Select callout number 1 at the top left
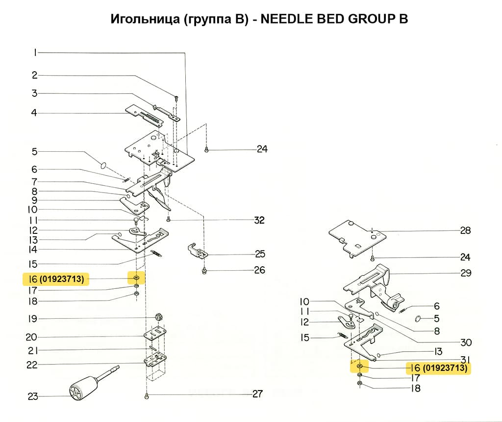[35, 53]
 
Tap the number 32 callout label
[259, 221]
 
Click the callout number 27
[257, 394]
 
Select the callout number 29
[465, 273]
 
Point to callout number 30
[465, 343]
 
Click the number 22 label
[32, 365]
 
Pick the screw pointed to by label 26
[204, 270]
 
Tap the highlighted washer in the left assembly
[136, 279]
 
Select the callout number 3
[35, 93]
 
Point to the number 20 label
[32, 338]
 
